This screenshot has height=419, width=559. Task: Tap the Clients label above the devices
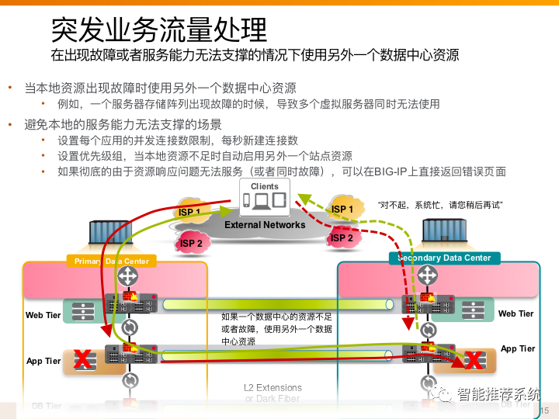pos(264,186)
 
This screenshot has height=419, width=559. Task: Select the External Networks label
pos(265,225)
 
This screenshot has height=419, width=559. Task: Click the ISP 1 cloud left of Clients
pos(189,212)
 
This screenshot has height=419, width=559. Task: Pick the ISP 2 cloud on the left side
pos(192,243)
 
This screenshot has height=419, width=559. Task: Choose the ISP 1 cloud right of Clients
pos(342,209)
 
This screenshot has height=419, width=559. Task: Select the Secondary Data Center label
pos(444,258)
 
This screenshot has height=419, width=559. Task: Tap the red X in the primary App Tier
pos(82,358)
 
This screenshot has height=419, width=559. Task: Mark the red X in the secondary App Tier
pos(471,359)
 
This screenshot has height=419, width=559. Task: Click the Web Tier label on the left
pos(43,315)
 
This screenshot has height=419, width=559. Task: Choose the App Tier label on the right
pos(518,348)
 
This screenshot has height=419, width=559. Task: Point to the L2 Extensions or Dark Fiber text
pos(273,393)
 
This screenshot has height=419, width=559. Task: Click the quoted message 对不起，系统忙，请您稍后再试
pos(440,205)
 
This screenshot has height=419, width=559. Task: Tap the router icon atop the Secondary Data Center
pos(427,274)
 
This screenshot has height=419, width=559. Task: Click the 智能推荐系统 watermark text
pos(497,395)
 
